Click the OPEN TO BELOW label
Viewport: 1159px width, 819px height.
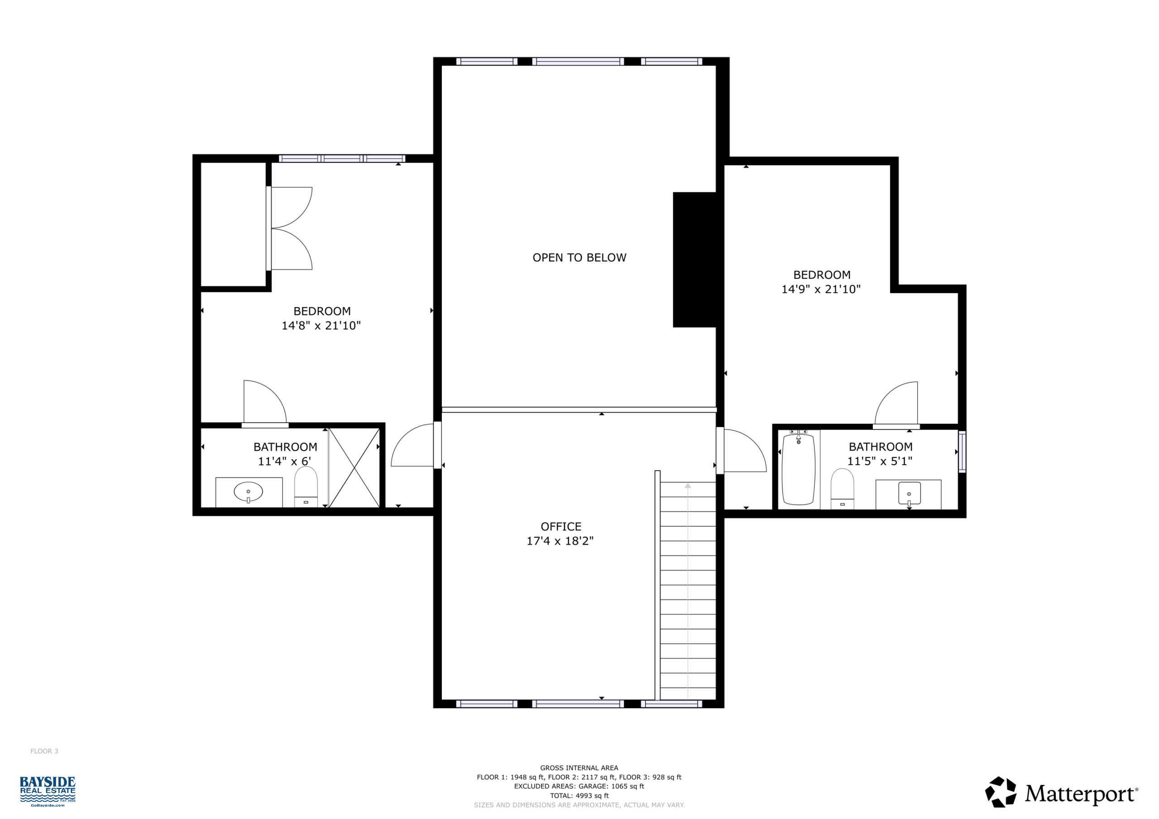click(579, 258)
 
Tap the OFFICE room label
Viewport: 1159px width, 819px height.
click(561, 527)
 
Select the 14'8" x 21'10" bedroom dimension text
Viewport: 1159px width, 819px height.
click(321, 326)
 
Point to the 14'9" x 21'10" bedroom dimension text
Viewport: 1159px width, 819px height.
click(821, 290)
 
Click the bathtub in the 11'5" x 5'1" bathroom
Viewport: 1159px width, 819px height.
click(798, 469)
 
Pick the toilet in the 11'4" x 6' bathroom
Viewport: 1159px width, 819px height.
click(306, 486)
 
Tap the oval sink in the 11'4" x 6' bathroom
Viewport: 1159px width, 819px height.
click(249, 492)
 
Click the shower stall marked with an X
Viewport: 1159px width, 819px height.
click(354, 468)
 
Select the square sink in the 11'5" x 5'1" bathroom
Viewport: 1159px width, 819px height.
click(909, 494)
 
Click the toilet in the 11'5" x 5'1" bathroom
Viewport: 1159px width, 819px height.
click(843, 489)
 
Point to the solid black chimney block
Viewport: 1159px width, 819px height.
click(694, 260)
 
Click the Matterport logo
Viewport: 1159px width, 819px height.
click(1062, 792)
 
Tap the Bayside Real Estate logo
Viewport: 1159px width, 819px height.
click(48, 791)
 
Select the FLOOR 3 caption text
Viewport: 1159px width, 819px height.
click(44, 752)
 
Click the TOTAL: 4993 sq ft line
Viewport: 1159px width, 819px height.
click(579, 796)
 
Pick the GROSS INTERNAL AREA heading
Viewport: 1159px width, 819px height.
click(579, 768)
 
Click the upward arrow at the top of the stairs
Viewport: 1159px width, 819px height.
click(688, 486)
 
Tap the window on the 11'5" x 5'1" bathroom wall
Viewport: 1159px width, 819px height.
click(962, 452)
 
